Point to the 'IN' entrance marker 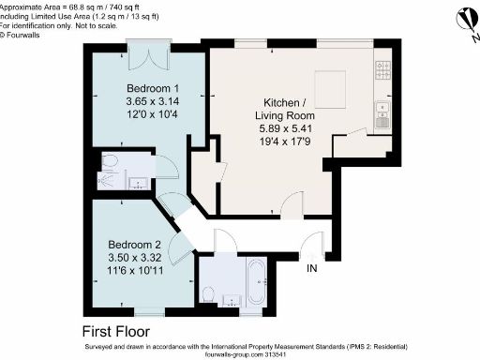(x=312, y=270)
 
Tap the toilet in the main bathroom (x=210, y=295)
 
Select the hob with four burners (x=383, y=71)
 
